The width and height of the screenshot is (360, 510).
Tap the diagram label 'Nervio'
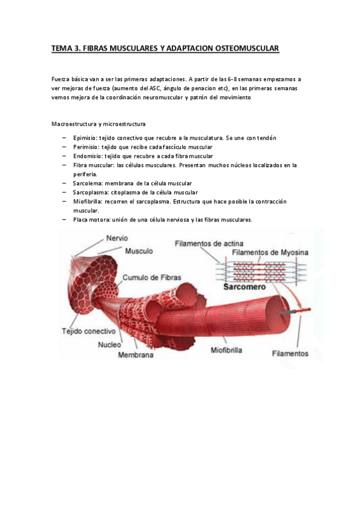pos(117,238)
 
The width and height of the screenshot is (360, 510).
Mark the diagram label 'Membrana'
pos(136,355)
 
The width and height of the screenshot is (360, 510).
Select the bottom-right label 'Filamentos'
pos(290,353)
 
